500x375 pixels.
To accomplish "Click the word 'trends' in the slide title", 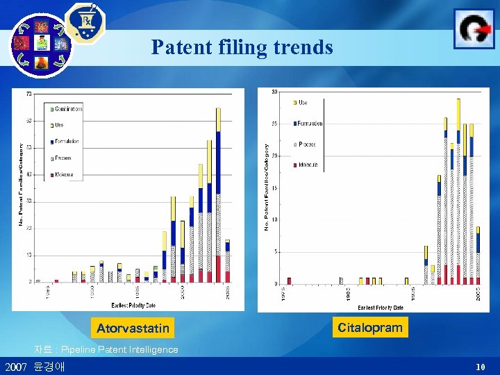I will pyautogui.click(x=304, y=48).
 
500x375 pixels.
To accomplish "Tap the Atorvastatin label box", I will pyautogui.click(x=132, y=327).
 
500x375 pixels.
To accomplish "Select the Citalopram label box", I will pyautogui.click(x=369, y=326).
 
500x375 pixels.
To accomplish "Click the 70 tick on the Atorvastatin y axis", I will pyautogui.click(x=28, y=94).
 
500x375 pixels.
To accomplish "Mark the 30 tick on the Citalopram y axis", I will pyautogui.click(x=275, y=92).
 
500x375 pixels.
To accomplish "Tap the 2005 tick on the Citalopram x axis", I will pyautogui.click(x=478, y=294).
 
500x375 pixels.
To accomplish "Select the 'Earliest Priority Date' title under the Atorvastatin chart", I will pyautogui.click(x=133, y=305).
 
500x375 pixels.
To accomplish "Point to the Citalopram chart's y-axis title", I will pyautogui.click(x=267, y=187).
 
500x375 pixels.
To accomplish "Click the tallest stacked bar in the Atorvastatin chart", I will pyautogui.click(x=218, y=194).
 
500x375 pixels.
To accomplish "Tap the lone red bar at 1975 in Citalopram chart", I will pyautogui.click(x=289, y=281).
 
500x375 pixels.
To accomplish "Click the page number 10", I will pyautogui.click(x=480, y=366).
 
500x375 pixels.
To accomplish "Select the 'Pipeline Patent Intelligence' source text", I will pyautogui.click(x=119, y=349).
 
